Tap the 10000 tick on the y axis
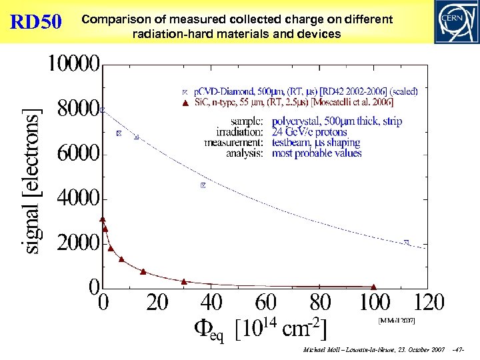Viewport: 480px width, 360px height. [73, 65]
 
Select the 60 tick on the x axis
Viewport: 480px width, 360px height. [266, 303]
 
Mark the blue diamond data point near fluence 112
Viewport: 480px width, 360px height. [407, 242]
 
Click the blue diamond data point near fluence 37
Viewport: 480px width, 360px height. [203, 185]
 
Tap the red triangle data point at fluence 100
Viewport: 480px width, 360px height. [374, 286]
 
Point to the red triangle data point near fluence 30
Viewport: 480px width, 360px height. [184, 281]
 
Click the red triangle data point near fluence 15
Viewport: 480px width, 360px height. [143, 271]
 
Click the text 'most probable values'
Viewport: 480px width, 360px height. [317, 153]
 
